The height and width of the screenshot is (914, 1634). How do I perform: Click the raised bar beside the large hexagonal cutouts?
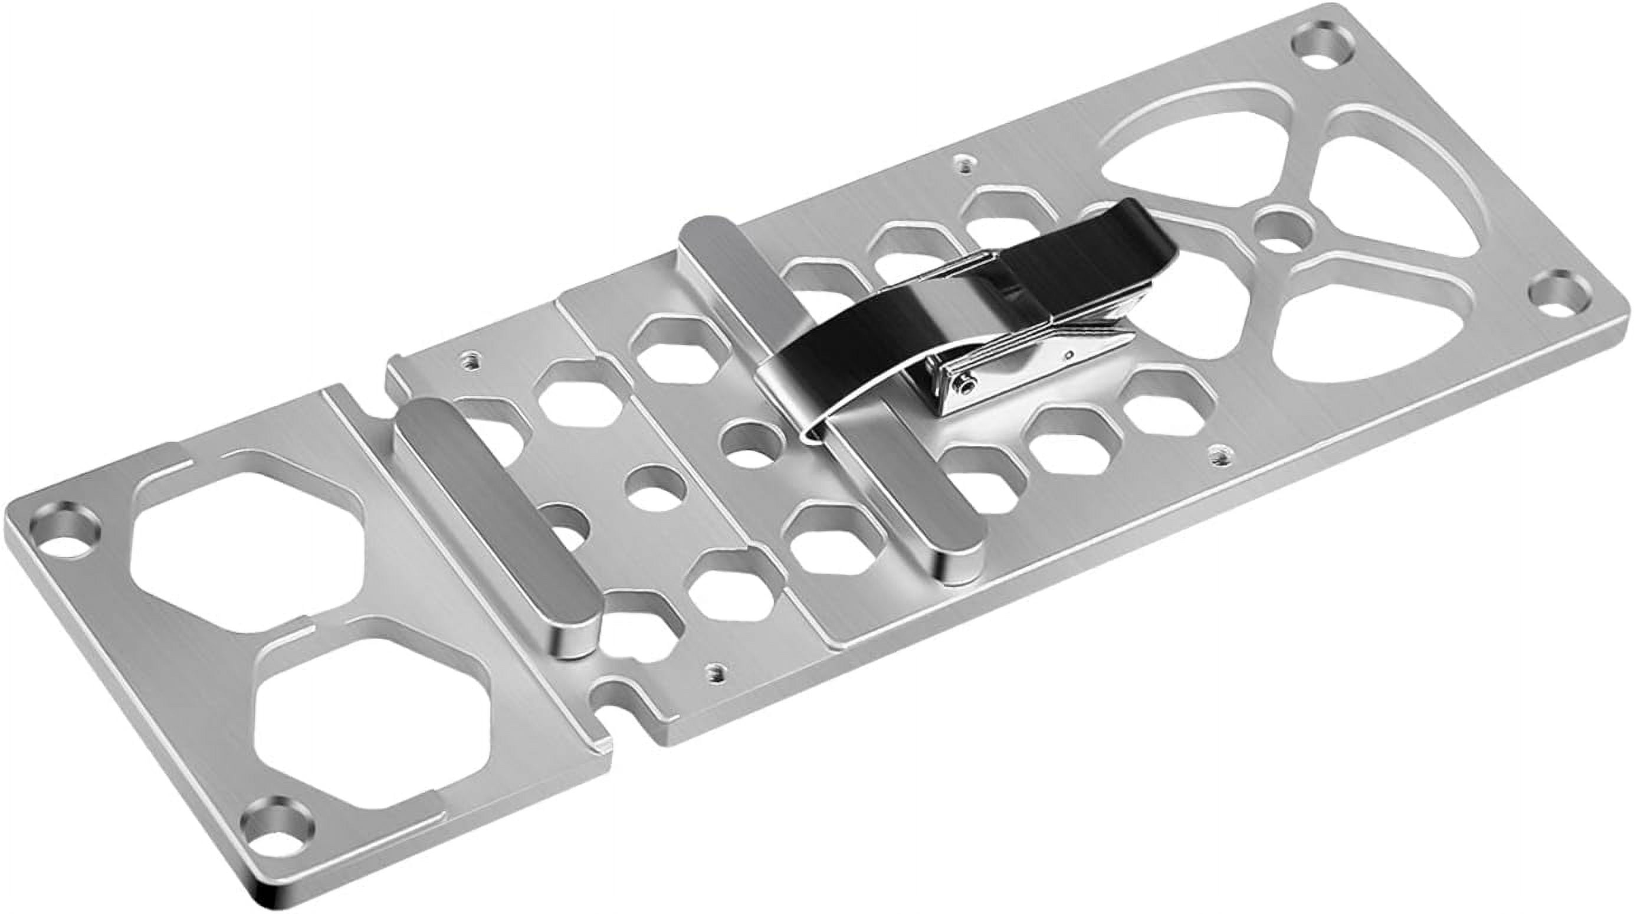click(495, 520)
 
